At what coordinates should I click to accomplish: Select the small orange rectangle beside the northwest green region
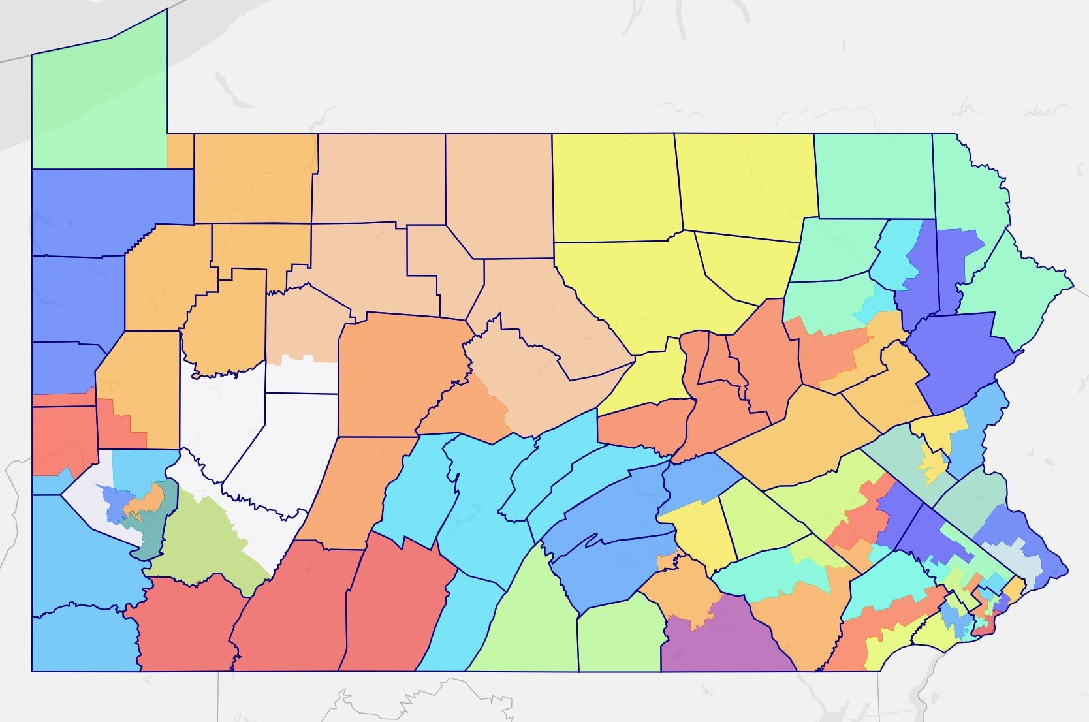pos(180,151)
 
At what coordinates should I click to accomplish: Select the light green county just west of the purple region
pos(617,636)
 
